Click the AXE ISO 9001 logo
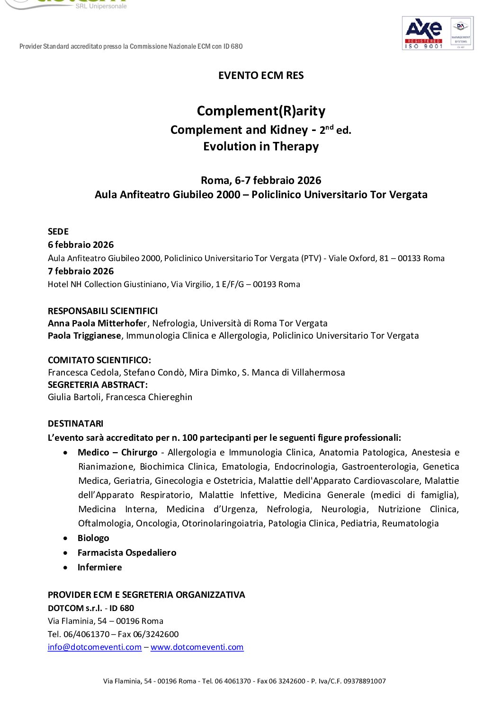click(423, 33)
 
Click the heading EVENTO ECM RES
click(261, 76)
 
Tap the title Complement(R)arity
click(261, 111)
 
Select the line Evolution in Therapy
click(261, 147)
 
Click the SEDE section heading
click(58, 232)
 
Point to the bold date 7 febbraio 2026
click(81, 271)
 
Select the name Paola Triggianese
click(84, 336)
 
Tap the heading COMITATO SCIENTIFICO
click(99, 360)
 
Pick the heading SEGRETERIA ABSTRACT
click(98, 385)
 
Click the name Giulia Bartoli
click(74, 397)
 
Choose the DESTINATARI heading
click(75, 424)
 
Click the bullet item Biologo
click(93, 538)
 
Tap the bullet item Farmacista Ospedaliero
click(127, 553)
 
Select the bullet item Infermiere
click(99, 568)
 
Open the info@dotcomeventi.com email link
click(95, 647)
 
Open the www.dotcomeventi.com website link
click(197, 647)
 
